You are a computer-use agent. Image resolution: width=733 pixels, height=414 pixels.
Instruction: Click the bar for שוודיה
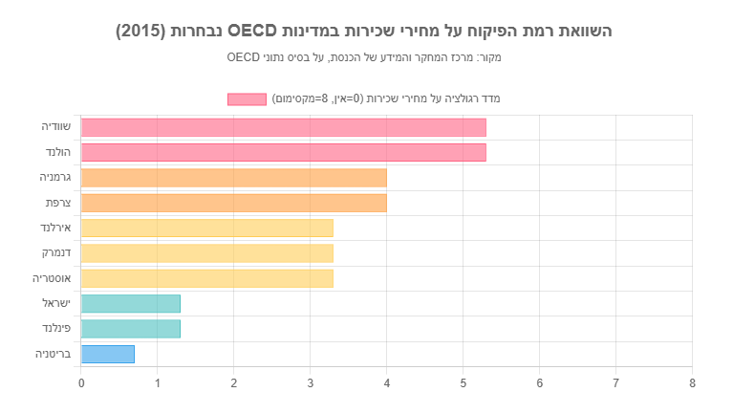[x=283, y=127]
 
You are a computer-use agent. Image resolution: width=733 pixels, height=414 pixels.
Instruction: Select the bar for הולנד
[x=283, y=152]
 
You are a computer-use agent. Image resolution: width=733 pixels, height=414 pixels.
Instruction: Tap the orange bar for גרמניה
[x=233, y=178]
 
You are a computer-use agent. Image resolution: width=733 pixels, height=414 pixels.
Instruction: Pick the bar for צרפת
[x=233, y=203]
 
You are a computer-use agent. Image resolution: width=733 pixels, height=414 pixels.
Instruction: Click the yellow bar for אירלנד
[x=206, y=228]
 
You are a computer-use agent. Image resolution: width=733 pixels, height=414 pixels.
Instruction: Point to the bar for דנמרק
[x=206, y=253]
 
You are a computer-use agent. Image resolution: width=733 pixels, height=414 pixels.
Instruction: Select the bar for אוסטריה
[x=206, y=278]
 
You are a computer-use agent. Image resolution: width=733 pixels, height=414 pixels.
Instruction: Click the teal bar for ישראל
[x=131, y=303]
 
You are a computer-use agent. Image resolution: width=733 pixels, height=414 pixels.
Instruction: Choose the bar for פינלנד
[x=131, y=329]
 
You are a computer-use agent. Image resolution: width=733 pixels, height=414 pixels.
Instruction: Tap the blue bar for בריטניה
[x=108, y=354]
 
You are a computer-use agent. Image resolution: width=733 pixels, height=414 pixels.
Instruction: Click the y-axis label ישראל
[x=57, y=303]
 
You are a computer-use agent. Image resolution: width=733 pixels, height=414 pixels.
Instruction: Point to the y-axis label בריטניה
[x=54, y=354]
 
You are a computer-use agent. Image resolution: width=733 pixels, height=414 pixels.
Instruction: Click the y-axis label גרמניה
[x=55, y=178]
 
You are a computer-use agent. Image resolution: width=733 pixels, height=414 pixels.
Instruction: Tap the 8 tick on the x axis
[x=692, y=383]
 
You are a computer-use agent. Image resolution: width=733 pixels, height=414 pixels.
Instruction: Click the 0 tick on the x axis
[x=81, y=383]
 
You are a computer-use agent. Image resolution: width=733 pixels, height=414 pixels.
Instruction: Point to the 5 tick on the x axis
[x=463, y=383]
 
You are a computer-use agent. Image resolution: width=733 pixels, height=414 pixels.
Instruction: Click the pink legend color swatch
[x=247, y=98]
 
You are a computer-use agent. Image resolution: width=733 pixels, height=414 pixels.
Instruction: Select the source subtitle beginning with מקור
[x=364, y=57]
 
